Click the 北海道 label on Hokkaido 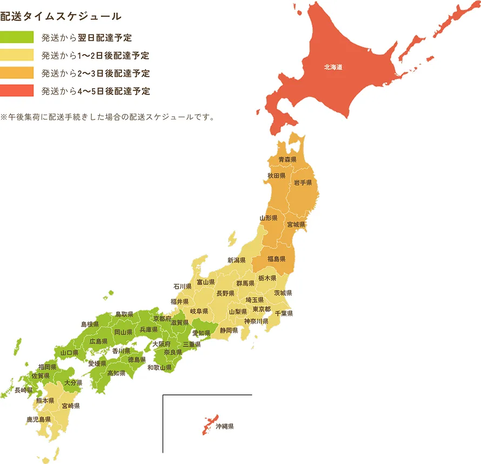click(333, 68)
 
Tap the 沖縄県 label click(224, 427)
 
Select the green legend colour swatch click(17, 38)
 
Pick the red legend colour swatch click(17, 91)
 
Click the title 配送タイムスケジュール click(61, 16)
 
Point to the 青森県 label click(288, 160)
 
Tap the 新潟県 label click(237, 260)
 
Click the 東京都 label click(262, 309)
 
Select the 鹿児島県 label click(38, 419)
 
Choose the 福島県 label click(276, 258)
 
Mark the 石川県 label click(183, 286)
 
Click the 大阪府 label click(161, 344)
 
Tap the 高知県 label click(116, 373)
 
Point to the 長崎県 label click(24, 390)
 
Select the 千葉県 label click(284, 314)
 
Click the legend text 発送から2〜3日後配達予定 click(96, 74)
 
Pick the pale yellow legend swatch click(17, 56)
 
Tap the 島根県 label click(90, 324)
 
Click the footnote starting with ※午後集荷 click(108, 116)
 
